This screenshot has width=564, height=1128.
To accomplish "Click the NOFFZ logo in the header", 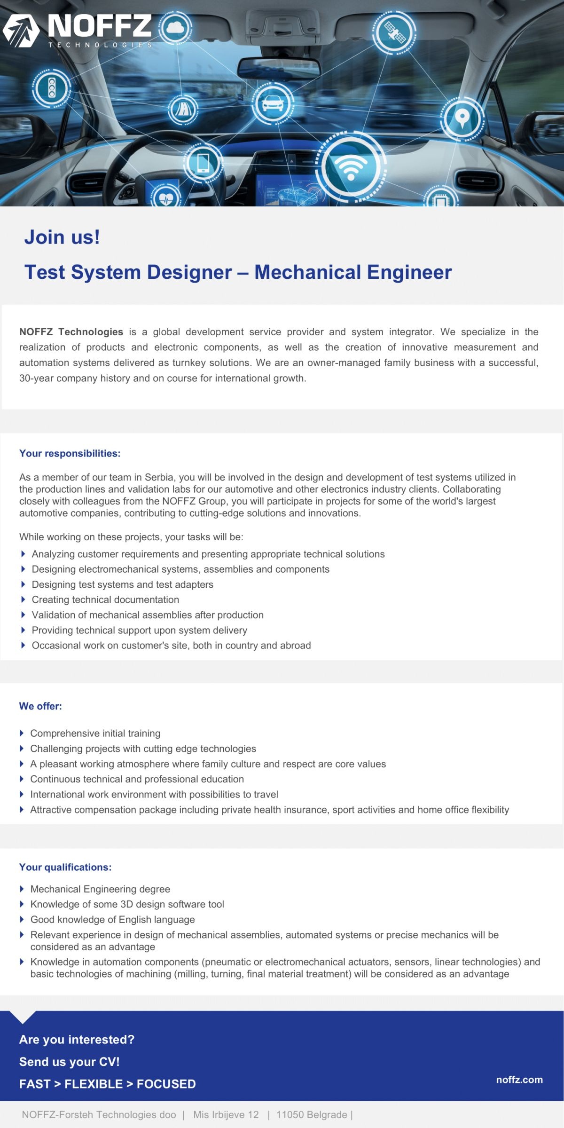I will pyautogui.click(x=78, y=30).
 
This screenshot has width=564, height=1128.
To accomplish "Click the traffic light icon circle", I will pyautogui.click(x=51, y=88).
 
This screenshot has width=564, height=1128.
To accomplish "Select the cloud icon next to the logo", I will pyautogui.click(x=174, y=28).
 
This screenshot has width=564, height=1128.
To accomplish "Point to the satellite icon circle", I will pyautogui.click(x=394, y=32).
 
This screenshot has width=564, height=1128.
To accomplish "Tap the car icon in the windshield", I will pyautogui.click(x=273, y=103).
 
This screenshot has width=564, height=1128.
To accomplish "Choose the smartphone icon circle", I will pyautogui.click(x=203, y=163).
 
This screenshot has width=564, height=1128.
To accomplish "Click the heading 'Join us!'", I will pyautogui.click(x=62, y=237).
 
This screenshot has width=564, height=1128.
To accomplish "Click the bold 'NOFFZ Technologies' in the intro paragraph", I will pyautogui.click(x=71, y=332).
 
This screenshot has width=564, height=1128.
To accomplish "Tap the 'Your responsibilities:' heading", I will pyautogui.click(x=70, y=453).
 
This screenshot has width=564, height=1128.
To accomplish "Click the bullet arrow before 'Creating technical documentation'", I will pyautogui.click(x=23, y=599).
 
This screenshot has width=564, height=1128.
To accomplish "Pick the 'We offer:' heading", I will pyautogui.click(x=40, y=706).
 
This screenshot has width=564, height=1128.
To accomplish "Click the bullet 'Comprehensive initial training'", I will pyautogui.click(x=95, y=733).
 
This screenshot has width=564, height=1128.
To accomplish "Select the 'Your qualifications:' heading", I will pyautogui.click(x=65, y=867).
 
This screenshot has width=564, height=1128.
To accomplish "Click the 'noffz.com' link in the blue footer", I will pyautogui.click(x=519, y=1080).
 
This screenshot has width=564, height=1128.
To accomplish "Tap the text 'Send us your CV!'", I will pyautogui.click(x=70, y=1062).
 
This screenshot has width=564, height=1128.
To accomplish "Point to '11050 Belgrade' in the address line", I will pyautogui.click(x=312, y=1114).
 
